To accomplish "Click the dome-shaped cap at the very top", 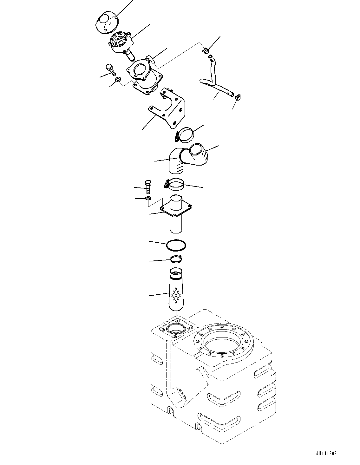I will tap(107, 22).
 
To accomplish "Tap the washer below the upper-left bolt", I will tap(118, 79).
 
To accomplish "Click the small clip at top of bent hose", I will tap(206, 50).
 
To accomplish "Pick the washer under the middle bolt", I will tap(148, 199).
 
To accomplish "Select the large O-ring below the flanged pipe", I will tap(176, 245).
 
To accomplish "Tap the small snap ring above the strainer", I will tap(176, 259).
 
